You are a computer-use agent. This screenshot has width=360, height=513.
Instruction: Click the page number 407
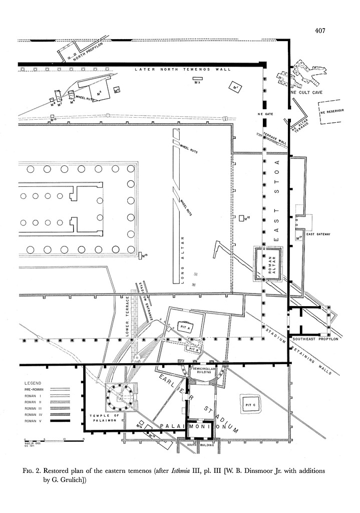(320, 31)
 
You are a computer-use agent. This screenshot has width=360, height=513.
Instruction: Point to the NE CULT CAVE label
(306, 93)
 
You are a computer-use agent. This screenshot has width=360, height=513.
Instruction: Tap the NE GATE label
(264, 114)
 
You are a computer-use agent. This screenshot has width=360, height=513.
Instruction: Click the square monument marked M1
(234, 88)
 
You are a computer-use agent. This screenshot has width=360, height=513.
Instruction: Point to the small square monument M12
(241, 218)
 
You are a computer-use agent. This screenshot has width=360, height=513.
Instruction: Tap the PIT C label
(250, 404)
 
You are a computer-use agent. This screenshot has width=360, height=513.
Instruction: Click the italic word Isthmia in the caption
(181, 471)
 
